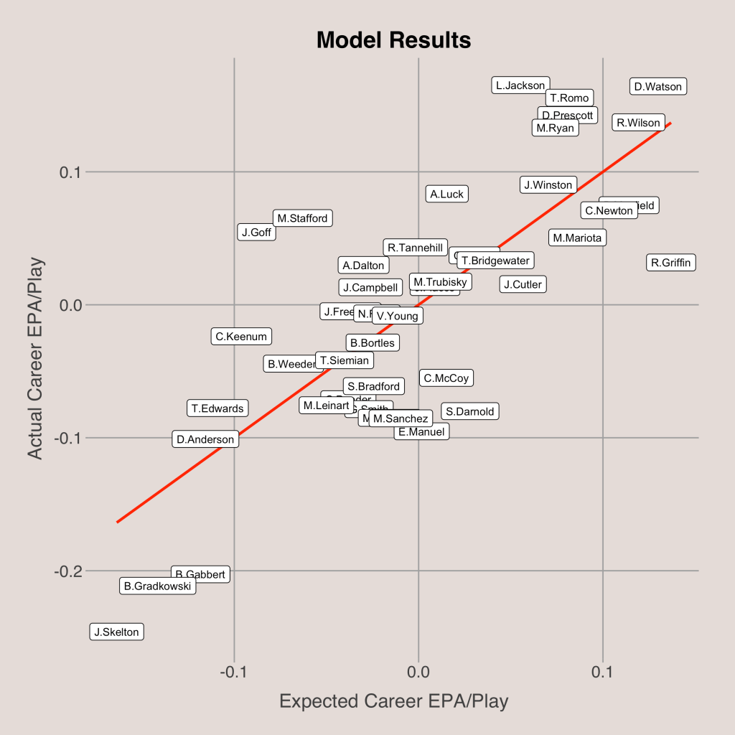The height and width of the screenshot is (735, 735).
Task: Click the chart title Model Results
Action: (x=393, y=40)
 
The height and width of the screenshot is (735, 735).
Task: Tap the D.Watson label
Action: (x=657, y=87)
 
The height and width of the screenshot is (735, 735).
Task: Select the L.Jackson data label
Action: (x=520, y=85)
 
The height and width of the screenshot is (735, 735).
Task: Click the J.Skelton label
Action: (x=116, y=632)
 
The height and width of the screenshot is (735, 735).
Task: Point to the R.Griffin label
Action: (x=670, y=263)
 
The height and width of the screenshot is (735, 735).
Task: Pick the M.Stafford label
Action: (x=302, y=218)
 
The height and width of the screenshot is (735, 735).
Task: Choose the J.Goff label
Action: (x=256, y=233)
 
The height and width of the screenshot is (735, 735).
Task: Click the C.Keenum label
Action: (x=241, y=337)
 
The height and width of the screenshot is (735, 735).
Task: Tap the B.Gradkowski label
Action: (x=157, y=586)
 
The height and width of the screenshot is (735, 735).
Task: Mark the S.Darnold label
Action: (x=469, y=411)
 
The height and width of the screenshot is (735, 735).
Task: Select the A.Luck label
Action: (x=446, y=194)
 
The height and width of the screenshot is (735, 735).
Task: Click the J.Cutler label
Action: (x=523, y=284)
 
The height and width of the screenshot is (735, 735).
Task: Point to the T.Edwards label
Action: (x=217, y=408)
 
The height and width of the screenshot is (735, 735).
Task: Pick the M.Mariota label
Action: (x=577, y=238)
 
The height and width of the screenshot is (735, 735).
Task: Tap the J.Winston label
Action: (x=548, y=185)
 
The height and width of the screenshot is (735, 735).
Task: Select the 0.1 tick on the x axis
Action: (x=602, y=674)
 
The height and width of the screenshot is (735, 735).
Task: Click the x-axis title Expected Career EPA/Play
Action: (x=393, y=701)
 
